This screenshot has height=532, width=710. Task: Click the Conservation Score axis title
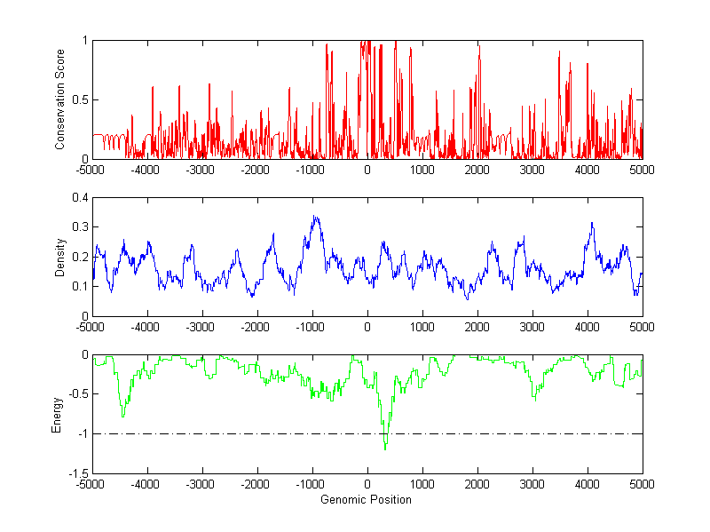[60, 99]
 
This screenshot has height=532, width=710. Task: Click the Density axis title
[60, 257]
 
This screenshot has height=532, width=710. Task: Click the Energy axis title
[58, 414]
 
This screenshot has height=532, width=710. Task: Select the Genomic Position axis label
[367, 500]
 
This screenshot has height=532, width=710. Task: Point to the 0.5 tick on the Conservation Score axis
[79, 99]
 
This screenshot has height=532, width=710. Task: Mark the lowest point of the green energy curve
[385, 449]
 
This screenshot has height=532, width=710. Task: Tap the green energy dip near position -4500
[122, 416]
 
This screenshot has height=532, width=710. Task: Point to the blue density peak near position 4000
[591, 223]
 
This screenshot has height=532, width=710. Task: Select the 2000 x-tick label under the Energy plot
[477, 485]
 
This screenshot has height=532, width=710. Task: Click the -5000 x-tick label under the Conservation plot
[91, 170]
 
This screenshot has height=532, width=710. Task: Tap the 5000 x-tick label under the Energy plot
[642, 485]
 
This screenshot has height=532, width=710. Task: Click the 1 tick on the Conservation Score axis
[83, 41]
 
